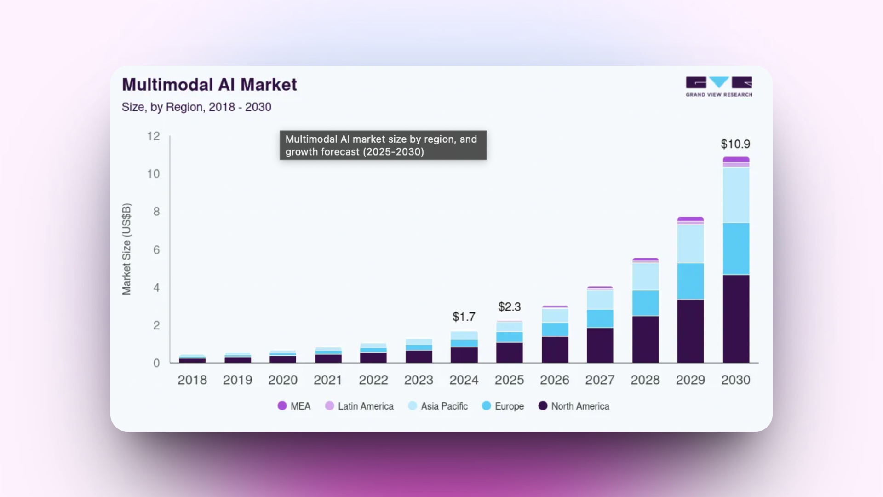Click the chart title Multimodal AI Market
209,85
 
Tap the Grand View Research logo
719,87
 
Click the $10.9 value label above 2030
735,144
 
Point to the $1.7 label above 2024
464,317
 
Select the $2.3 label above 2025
509,307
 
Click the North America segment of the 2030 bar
736,318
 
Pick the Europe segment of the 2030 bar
736,248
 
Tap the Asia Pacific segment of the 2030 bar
736,195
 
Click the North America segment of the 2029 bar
690,331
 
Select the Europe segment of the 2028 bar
645,303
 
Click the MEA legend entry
294,406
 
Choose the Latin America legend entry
360,406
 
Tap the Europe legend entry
503,406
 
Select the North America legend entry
574,406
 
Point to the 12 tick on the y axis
153,136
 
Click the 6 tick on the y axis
156,250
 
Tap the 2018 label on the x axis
192,380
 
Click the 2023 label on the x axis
419,380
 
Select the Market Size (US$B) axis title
126,249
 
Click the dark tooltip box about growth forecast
383,145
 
